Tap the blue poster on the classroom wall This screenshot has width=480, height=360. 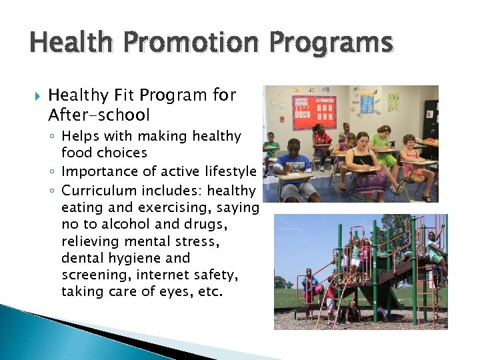[x=367, y=101]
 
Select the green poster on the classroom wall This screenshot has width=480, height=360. [x=393, y=101]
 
